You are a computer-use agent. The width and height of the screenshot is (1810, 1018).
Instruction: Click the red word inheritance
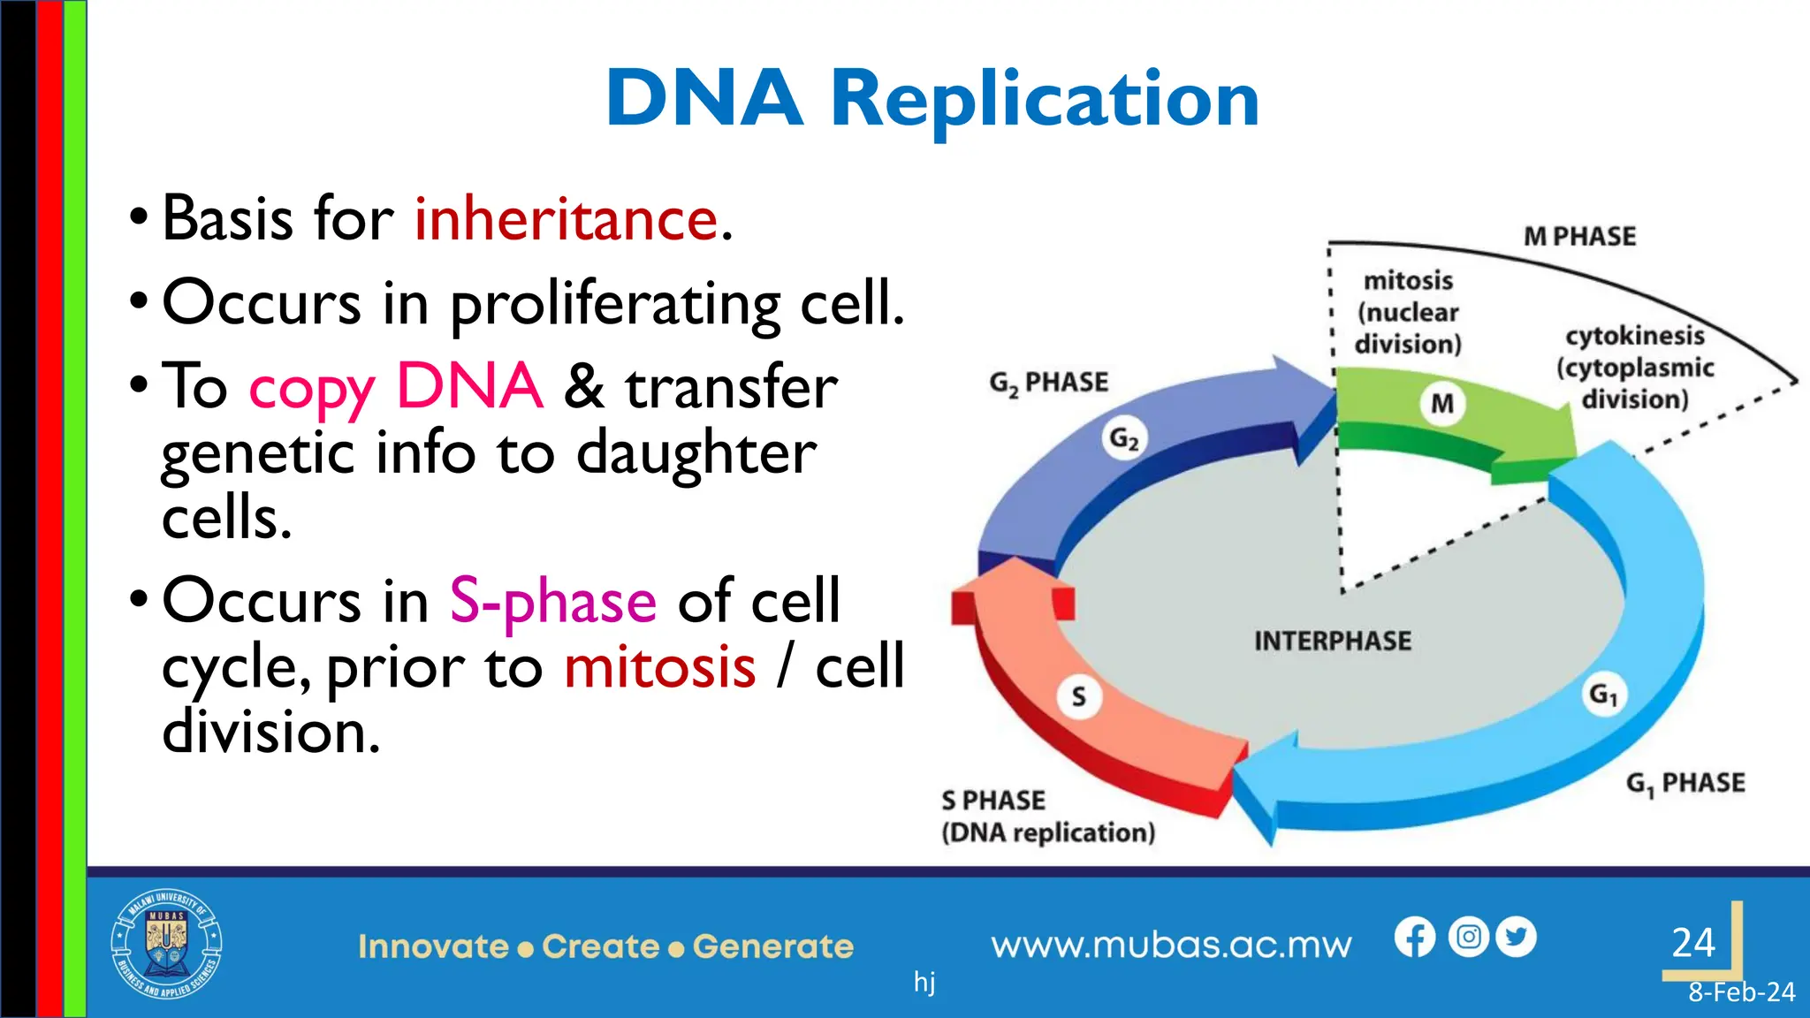[x=566, y=219]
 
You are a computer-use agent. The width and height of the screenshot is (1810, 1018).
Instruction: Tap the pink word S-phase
[x=553, y=601]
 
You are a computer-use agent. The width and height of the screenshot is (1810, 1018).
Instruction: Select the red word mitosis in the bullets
[x=660, y=666]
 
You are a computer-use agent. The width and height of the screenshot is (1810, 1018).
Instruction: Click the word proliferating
[x=615, y=303]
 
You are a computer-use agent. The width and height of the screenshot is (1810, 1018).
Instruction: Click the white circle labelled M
[x=1442, y=404]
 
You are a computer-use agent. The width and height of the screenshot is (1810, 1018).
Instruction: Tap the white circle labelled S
[x=1078, y=697]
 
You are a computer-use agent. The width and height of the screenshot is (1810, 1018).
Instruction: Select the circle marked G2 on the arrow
[x=1124, y=438]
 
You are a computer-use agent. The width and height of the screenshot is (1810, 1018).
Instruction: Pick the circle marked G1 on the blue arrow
[x=1603, y=695]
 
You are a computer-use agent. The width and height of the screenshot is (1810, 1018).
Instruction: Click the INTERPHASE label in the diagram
[x=1333, y=641]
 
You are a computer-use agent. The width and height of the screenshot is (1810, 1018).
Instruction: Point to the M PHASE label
[x=1579, y=237]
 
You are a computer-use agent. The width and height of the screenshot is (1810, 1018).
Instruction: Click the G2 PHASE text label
[x=1048, y=383]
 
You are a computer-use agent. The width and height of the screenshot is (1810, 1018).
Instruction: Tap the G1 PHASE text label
[x=1685, y=783]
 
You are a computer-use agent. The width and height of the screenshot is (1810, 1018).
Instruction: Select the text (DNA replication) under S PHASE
[x=1048, y=832]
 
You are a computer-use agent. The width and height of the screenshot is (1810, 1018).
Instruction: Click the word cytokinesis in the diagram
[x=1634, y=336]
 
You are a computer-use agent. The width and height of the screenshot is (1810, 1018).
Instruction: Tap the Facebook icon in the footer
[x=1415, y=938]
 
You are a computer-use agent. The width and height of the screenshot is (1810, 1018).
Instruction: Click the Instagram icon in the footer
[x=1468, y=937]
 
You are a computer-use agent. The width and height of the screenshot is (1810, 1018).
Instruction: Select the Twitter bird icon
[x=1517, y=937]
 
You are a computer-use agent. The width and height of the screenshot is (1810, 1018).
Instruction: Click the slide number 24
[x=1692, y=942]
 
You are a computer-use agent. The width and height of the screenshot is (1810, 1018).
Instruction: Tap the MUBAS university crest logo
[x=166, y=944]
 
